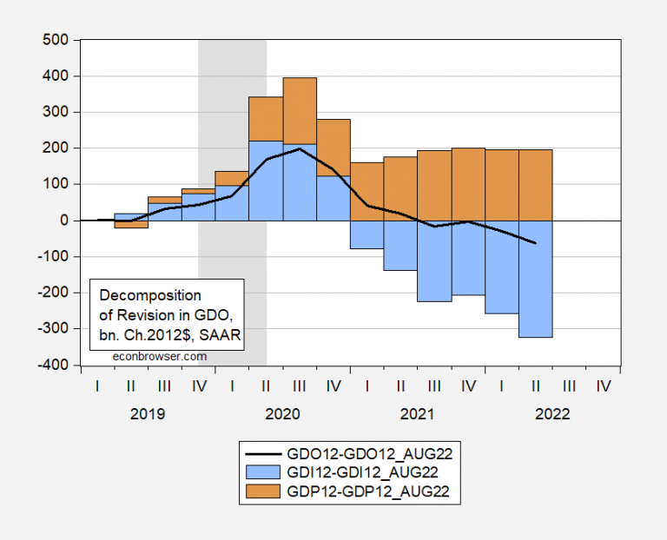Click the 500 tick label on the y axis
click(x=56, y=39)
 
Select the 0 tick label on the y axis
click(x=65, y=221)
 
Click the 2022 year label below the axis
click(x=551, y=414)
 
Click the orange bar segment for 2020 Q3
click(x=300, y=110)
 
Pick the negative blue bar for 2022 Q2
click(x=535, y=278)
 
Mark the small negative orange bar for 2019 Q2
click(x=130, y=224)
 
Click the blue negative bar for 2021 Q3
click(x=434, y=260)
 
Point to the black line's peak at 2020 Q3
click(x=300, y=148)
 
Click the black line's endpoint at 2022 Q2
click(x=535, y=243)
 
